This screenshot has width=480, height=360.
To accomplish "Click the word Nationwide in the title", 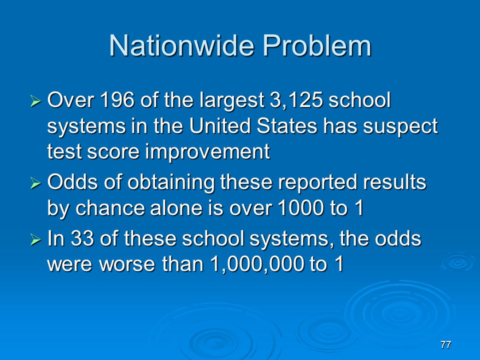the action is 181,45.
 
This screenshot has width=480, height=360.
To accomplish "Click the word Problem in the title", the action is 317,45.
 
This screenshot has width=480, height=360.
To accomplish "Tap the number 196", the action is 117,100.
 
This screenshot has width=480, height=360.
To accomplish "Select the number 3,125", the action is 296,100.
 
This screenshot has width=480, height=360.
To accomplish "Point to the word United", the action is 220,126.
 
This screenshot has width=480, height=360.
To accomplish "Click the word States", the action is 287,126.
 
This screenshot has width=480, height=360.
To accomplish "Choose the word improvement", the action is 207,152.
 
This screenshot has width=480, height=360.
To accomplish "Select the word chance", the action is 109,208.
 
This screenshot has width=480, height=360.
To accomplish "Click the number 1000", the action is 301,208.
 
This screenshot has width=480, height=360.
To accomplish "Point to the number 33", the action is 82,238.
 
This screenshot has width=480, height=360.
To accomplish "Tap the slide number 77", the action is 445,344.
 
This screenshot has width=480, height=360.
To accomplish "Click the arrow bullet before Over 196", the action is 35,100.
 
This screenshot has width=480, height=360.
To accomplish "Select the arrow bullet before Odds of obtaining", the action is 35,183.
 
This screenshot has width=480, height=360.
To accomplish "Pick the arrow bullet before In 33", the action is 35,239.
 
